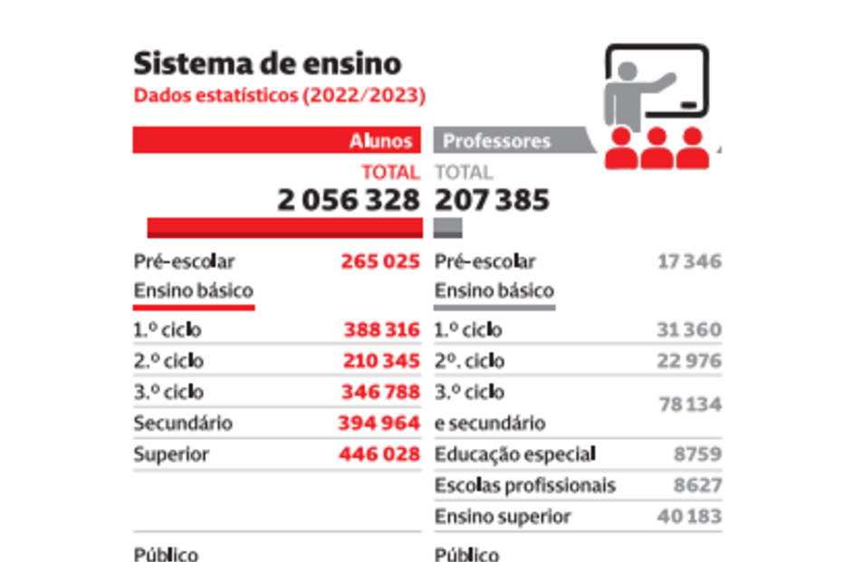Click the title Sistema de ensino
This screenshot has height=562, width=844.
point(267,64)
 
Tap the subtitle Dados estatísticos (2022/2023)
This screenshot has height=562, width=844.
point(280,94)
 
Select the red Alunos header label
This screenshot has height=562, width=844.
point(381,141)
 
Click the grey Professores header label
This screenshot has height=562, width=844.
point(496,141)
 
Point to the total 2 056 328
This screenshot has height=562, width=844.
point(349,200)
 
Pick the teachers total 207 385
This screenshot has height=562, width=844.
point(493,200)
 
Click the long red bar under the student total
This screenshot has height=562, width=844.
point(284,228)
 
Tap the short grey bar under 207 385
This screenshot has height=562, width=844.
point(448,228)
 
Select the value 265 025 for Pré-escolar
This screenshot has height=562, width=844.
point(380,262)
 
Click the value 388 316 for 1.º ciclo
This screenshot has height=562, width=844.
point(381,330)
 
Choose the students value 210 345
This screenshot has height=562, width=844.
point(381,361)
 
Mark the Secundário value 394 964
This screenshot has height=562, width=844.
point(379,423)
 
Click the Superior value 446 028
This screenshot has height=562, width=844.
point(379,453)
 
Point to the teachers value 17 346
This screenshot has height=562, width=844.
point(690,262)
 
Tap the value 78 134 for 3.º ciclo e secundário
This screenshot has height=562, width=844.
point(690,405)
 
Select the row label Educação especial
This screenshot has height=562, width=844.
point(515,454)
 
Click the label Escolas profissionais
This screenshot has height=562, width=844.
point(525,485)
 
